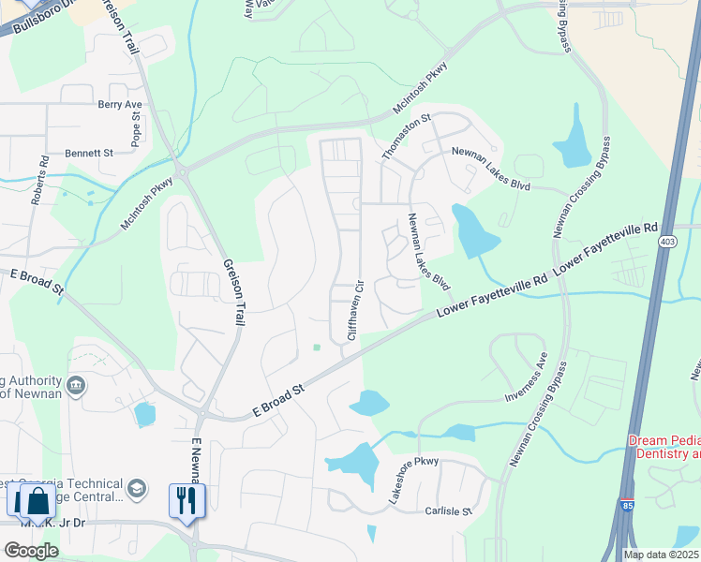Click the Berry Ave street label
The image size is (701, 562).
pyautogui.click(x=119, y=105)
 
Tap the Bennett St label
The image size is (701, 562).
pyautogui.click(x=88, y=152)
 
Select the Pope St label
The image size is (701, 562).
pyautogui.click(x=136, y=129)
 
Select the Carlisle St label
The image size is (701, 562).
pyautogui.click(x=445, y=511)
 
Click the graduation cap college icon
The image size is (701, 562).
pyautogui.click(x=137, y=488)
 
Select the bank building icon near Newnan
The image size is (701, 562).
pyautogui.click(x=76, y=384)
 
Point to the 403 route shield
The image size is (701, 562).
pyautogui.click(x=666, y=243)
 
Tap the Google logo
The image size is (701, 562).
pyautogui.click(x=30, y=550)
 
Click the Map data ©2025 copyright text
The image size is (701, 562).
pyautogui.click(x=662, y=555)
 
